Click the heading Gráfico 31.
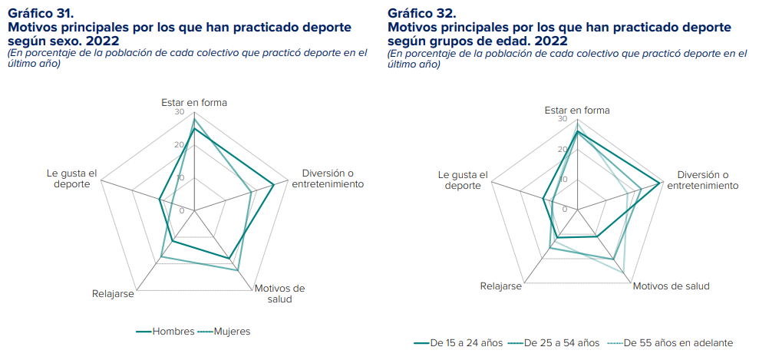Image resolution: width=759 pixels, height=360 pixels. [40, 14]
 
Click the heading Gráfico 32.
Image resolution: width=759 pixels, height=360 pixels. [421, 14]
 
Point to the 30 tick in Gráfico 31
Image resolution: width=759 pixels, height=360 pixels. [180, 112]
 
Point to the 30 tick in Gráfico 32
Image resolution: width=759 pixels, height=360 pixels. [563, 120]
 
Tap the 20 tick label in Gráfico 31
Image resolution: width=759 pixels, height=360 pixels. [180, 145]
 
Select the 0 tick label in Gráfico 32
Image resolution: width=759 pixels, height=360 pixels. [564, 210]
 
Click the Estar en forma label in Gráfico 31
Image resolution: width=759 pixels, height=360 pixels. [194, 102]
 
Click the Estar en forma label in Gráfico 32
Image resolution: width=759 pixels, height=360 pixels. [577, 110]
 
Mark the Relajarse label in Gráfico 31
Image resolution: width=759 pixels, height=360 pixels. [113, 293]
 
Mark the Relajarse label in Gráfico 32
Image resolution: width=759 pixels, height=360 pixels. [500, 286]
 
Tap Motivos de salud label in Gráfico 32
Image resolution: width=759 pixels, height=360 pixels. [672, 286]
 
